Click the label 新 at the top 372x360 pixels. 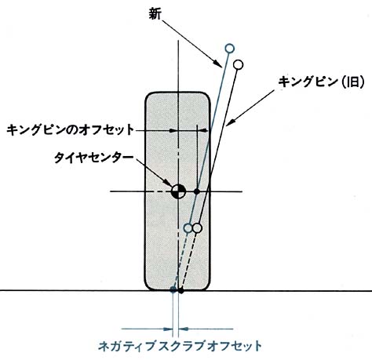coord(155,14)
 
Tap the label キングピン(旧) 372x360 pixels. coord(321,82)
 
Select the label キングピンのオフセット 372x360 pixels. coord(70,129)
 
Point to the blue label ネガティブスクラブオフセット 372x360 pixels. coord(180,346)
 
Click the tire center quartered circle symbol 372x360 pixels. coord(178,191)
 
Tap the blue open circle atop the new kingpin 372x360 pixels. coord(229,49)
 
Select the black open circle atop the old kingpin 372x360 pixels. coord(238,64)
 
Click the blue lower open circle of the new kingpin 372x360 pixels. coord(188,228)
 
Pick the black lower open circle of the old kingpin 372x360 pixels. coord(197,228)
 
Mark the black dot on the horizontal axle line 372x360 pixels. coord(197,191)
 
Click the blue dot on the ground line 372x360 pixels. coord(173,289)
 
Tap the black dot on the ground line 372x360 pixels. coord(181,290)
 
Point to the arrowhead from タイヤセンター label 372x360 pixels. coord(167,183)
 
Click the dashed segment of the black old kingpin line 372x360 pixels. coord(188,261)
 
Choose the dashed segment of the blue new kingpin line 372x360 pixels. coord(181,261)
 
